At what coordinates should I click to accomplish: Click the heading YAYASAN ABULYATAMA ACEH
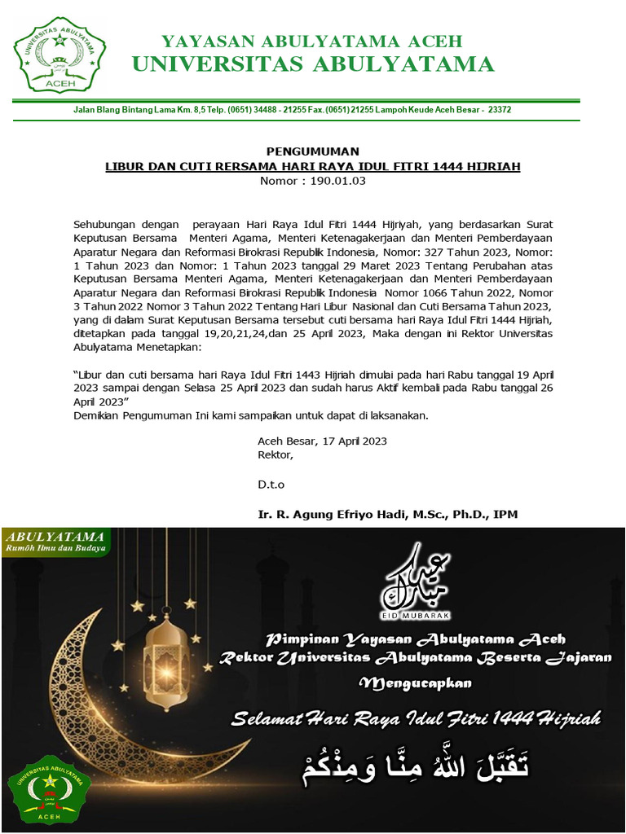coord(311,41)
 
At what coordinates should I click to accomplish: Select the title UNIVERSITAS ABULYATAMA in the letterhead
coord(313,64)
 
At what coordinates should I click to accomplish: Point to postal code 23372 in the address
coord(499,109)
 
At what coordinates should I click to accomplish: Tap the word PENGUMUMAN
coord(312,151)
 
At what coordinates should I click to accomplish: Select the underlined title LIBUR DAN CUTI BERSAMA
coord(313,166)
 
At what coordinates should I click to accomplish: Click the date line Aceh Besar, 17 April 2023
coord(322,441)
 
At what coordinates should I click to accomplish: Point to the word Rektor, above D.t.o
coord(275,454)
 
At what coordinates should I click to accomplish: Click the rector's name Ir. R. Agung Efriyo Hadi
coord(387,514)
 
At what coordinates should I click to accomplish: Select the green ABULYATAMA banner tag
coord(56,541)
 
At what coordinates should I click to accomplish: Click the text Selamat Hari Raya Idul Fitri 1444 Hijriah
coord(417,718)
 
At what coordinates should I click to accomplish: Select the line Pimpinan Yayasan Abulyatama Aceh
coord(417,638)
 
